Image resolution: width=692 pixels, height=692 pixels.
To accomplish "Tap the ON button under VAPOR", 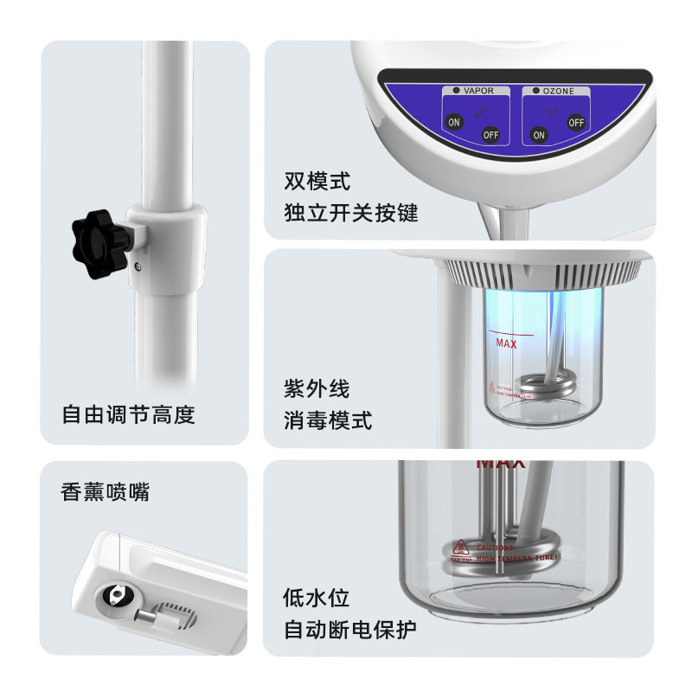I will pyautogui.click(x=453, y=122).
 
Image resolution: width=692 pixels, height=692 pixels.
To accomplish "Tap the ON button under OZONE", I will pyautogui.click(x=539, y=135).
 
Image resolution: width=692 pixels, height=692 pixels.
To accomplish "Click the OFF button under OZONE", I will pyautogui.click(x=575, y=122).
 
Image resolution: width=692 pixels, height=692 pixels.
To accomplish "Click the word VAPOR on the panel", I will pyautogui.click(x=478, y=90).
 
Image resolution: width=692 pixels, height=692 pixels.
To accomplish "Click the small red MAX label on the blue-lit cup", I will pyautogui.click(x=505, y=343).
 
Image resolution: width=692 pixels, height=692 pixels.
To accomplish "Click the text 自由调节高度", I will pyautogui.click(x=128, y=415).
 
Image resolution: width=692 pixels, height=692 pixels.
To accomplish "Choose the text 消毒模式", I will pyautogui.click(x=328, y=421).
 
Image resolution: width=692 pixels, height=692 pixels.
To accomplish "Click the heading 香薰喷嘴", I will pyautogui.click(x=105, y=492).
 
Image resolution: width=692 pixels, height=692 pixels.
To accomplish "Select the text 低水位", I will pyautogui.click(x=317, y=598).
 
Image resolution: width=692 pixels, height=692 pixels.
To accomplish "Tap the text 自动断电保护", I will pyautogui.click(x=350, y=630).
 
